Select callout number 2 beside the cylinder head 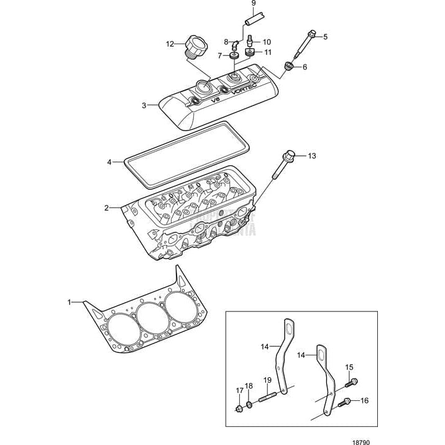click(107, 208)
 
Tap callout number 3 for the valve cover click(144, 106)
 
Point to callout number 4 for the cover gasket click(109, 162)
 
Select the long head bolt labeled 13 click(288, 65)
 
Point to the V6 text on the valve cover click(216, 100)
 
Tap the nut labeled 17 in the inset click(239, 408)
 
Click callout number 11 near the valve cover click(268, 53)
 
